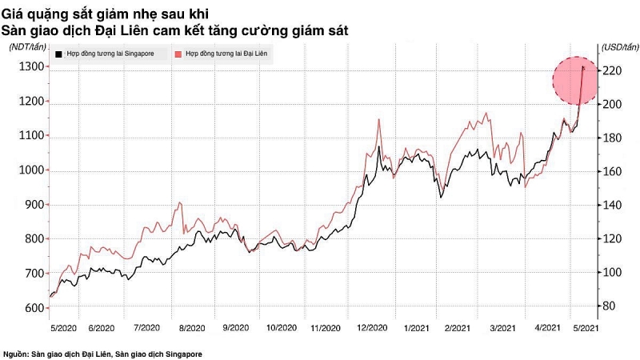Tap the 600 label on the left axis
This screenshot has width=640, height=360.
(30, 308)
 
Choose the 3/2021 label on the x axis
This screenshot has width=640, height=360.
(502, 328)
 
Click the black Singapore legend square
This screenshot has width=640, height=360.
(59, 54)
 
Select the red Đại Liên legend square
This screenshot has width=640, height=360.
(178, 54)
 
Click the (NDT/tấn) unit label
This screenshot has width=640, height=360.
(29, 46)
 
